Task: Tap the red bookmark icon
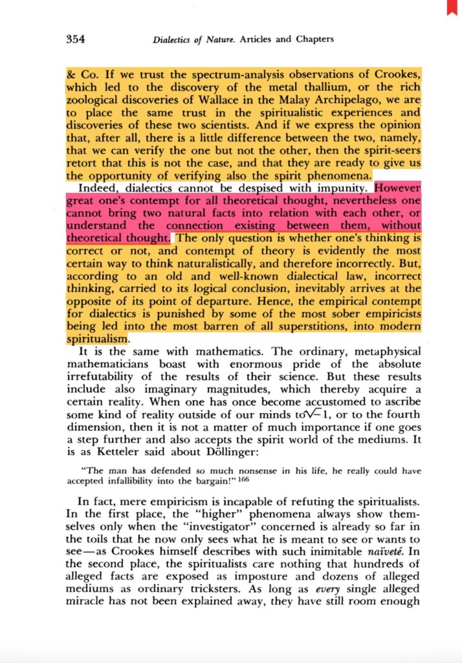click(x=451, y=7)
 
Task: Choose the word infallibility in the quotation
click(x=136, y=482)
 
